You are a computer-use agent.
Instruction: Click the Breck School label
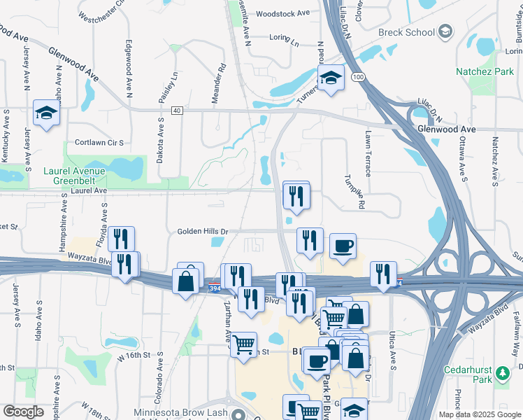coord(406,32)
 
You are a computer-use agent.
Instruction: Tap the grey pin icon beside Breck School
coord(445,31)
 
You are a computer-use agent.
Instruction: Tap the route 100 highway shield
coord(358,76)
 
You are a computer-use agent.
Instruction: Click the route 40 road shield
coord(176,111)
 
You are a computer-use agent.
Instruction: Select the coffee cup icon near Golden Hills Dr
coord(343,246)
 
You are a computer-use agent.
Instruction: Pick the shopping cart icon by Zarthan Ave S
coord(243,344)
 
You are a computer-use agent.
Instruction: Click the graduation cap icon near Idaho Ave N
coord(47,112)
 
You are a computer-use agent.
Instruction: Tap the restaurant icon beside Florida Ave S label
coord(121,239)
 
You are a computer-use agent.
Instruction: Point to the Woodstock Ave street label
coord(282,13)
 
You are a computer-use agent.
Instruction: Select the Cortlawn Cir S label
coord(99,142)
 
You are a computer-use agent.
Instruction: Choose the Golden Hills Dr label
coord(203,231)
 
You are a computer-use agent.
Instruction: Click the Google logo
coord(22,412)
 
